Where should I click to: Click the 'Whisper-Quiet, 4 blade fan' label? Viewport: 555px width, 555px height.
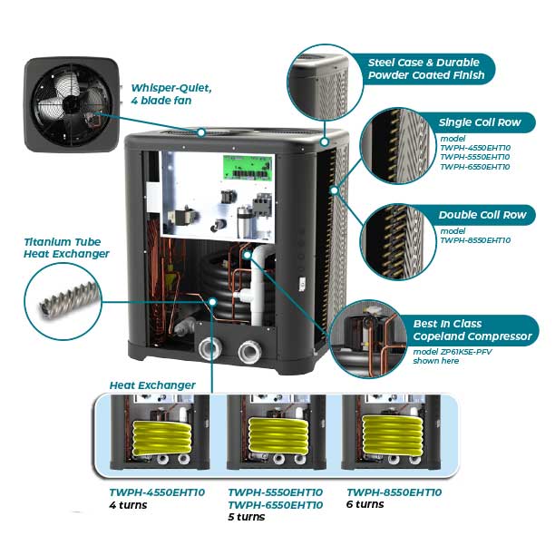click(171, 94)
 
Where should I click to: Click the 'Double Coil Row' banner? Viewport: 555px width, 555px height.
click(482, 215)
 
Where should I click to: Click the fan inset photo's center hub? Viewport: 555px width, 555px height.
click(69, 104)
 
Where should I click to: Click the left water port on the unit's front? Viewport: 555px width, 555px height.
click(211, 348)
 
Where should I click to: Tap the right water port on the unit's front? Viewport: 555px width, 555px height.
click(249, 350)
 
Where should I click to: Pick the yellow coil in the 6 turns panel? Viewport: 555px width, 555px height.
click(390, 434)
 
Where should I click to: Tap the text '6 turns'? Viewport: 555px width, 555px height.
click(365, 504)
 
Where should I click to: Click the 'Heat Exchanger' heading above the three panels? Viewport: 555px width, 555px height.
click(151, 385)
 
